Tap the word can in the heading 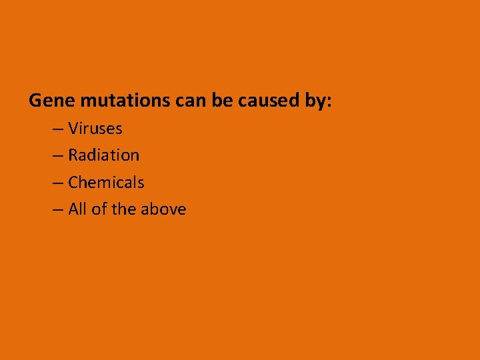(190, 101)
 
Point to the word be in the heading (221, 101)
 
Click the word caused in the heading (265, 101)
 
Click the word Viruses (95, 128)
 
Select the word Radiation (104, 155)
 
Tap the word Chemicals (106, 182)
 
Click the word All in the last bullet (78, 209)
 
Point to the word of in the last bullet (99, 209)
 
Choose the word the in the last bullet (124, 209)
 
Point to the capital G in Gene (36, 101)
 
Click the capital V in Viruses (73, 128)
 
